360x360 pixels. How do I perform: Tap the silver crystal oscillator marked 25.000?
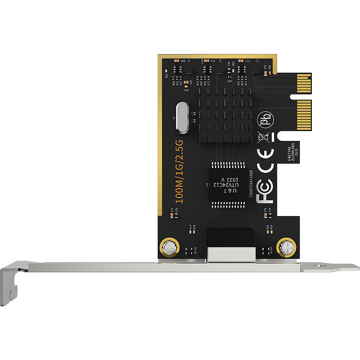pos(181,118)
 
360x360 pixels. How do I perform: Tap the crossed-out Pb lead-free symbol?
pos(264,121)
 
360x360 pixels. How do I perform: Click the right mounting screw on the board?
pos(286,247)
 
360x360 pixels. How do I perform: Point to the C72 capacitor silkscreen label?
pos(247,60)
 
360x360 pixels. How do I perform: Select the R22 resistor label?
pos(166,76)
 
